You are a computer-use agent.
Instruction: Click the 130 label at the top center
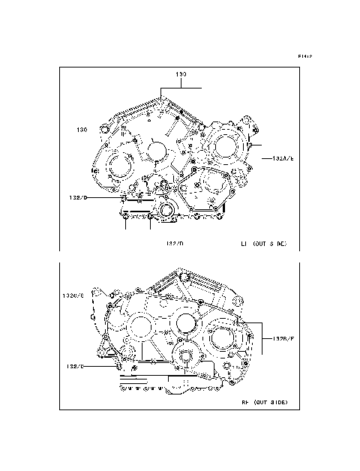[181, 75]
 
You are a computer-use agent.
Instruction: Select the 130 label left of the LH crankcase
[82, 130]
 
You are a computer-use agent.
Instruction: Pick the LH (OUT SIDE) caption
[263, 244]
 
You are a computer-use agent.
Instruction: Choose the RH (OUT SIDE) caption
[264, 403]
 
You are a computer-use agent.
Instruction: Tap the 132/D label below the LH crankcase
[174, 244]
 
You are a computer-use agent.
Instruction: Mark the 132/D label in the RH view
[76, 366]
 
